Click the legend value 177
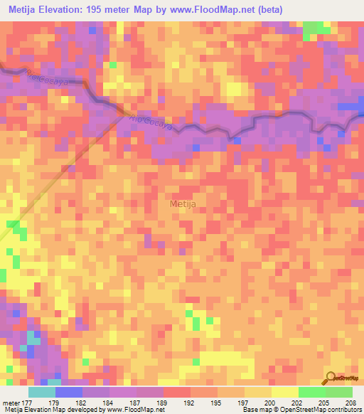[x=27, y=402]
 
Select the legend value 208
[x=352, y=402]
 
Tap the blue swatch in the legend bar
[x=68, y=392]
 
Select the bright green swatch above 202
[x=311, y=392]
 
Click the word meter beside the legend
[x=11, y=402]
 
